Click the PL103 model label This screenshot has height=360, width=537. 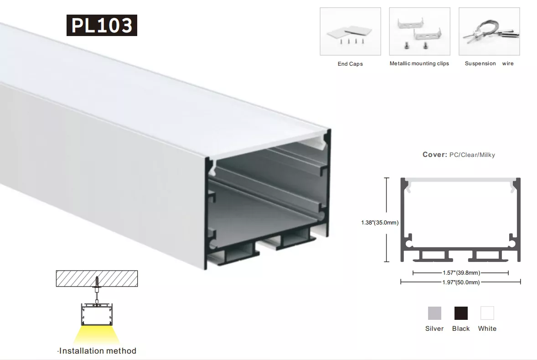coord(102,26)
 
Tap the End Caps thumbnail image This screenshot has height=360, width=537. coord(351,31)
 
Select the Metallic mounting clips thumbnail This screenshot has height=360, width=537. coord(419,31)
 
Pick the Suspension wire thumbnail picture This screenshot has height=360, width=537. coord(489,31)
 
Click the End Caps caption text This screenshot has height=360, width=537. coord(350,64)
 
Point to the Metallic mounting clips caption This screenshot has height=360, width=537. coord(419,63)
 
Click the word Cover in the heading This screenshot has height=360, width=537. coord(434,155)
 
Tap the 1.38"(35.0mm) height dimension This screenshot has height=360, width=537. coord(380,223)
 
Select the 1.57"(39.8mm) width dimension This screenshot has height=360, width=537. coord(461,273)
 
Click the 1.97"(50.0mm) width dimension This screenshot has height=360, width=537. coord(461,282)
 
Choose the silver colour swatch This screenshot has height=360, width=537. coord(434,313)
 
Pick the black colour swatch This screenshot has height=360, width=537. coord(461,313)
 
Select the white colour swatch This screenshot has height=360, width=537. coord(487,313)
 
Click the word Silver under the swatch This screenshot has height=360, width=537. coord(434,329)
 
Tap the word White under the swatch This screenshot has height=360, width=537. coord(487,329)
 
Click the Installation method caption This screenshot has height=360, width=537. coord(98,351)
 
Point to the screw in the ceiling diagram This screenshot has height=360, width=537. coord(97,282)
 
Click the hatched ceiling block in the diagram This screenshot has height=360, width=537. coord(97,278)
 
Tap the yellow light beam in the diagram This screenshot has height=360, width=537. coord(97,334)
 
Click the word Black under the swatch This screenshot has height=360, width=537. coord(461,329)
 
